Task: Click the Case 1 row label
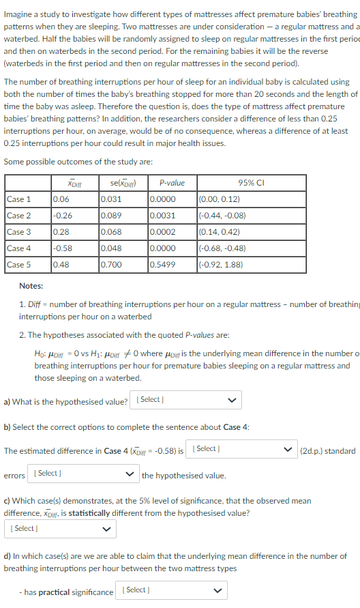(19, 199)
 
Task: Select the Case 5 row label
(19, 265)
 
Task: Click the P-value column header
(171, 183)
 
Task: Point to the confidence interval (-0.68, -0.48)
(222, 248)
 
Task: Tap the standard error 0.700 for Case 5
(111, 265)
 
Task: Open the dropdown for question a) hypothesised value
(187, 400)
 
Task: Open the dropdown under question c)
(59, 528)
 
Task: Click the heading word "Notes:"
(31, 286)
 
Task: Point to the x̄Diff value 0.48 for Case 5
(61, 265)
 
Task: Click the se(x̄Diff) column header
(123, 183)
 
